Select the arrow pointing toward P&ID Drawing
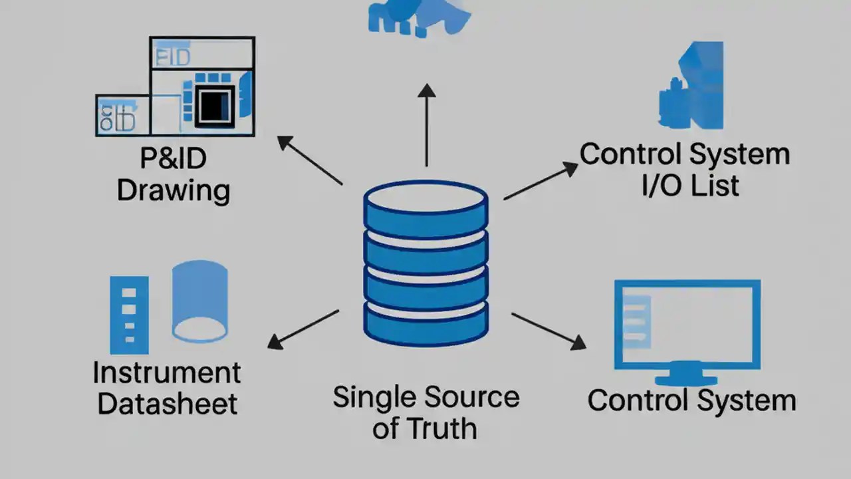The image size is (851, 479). (x=309, y=160)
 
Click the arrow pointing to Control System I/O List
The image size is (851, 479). (x=540, y=180)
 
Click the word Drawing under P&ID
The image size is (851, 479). (x=174, y=190)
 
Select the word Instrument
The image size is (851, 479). (x=167, y=373)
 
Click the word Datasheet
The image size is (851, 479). (x=167, y=403)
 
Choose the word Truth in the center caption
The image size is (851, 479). (x=443, y=428)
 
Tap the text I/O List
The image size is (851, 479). (x=690, y=185)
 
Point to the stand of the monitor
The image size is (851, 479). (x=686, y=375)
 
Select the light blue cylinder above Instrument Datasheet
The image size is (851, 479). (x=199, y=301)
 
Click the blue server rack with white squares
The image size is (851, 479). (x=129, y=315)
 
